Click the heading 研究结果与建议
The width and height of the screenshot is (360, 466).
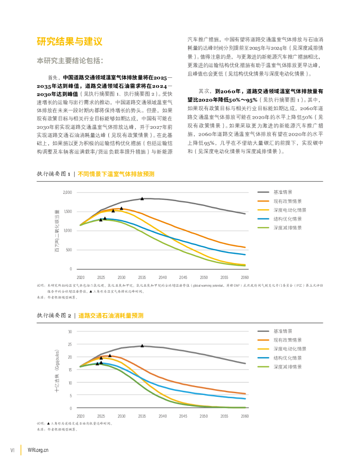pos(69,41)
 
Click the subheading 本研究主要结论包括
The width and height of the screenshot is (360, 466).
pos(70,61)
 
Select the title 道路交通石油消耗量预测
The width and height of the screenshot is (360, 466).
pos(111,315)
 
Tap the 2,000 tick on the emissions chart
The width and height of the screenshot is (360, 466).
pos(67,193)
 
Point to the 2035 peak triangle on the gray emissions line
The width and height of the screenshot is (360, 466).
pos(142,198)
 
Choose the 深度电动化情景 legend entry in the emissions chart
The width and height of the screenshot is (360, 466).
pos(289,210)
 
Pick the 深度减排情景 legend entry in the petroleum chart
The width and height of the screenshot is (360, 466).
pos(287,366)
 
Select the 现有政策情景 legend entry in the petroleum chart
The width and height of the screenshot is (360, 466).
pos(287,340)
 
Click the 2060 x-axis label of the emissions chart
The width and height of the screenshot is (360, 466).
pos(244,277)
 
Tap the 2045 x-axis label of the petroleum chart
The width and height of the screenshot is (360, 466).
pos(183,416)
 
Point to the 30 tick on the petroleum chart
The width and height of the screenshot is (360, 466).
pos(70,332)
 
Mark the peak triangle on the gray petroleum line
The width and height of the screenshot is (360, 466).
pos(142,346)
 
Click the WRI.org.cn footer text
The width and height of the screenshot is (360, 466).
pos(38,450)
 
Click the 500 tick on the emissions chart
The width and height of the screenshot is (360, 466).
pos(69,250)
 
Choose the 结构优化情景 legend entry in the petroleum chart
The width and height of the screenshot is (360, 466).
pos(287,358)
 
